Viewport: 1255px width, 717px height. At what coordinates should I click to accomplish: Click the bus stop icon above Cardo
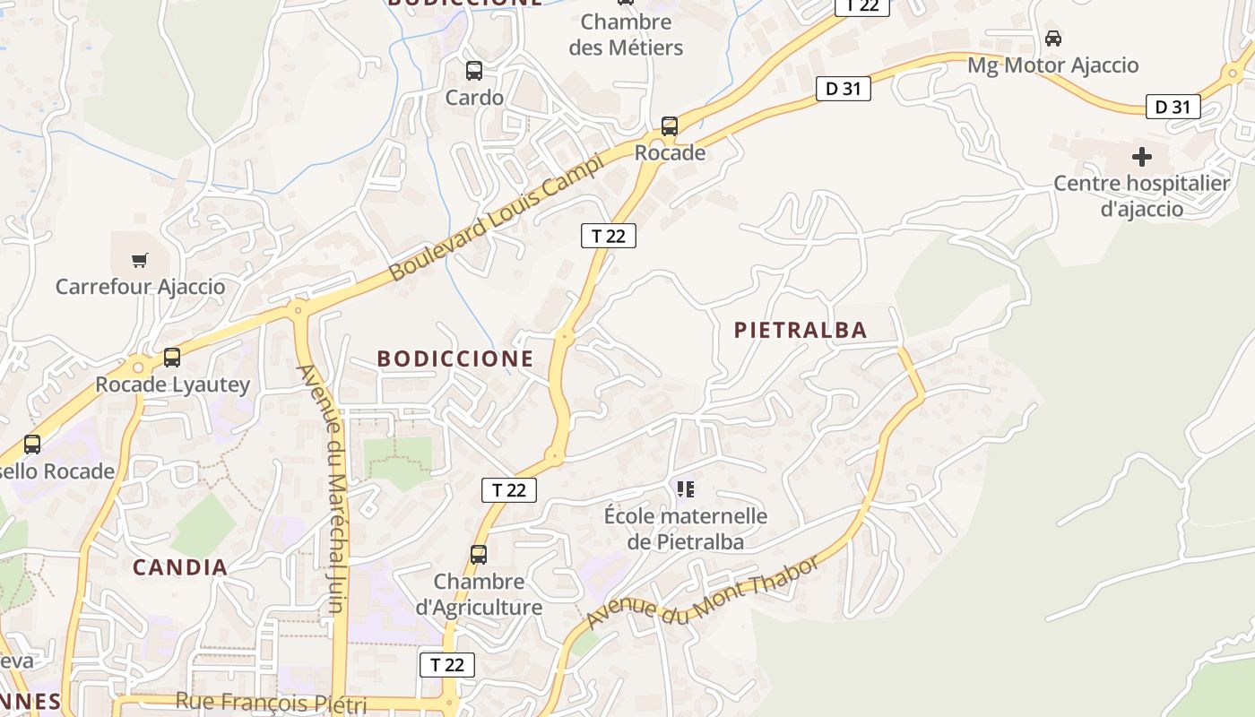[474, 70]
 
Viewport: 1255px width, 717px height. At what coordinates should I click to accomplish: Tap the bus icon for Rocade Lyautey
[172, 358]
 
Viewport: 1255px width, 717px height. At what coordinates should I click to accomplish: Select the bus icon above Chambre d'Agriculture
[479, 555]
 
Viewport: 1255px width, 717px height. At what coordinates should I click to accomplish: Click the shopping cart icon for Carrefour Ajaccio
[139, 260]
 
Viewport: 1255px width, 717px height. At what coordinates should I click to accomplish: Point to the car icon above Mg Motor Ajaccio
[1053, 39]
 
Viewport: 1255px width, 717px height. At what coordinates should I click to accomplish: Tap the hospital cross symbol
[1141, 157]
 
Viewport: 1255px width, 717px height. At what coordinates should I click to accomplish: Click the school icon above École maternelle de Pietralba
[686, 489]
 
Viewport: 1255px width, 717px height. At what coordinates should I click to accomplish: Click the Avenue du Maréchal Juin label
[322, 488]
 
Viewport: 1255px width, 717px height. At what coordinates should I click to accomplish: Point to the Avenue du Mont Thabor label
[703, 592]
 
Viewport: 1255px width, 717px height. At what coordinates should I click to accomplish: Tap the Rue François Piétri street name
[271, 702]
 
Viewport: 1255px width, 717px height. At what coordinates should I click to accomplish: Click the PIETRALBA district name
[801, 330]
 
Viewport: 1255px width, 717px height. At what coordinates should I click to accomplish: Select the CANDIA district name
[180, 567]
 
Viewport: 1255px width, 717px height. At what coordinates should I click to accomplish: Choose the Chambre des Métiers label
[626, 34]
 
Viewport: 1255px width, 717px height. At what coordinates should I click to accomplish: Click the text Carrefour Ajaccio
[140, 287]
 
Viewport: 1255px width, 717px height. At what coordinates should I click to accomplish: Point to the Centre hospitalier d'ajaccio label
[1141, 196]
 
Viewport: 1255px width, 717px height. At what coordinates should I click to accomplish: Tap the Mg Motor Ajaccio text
[1052, 65]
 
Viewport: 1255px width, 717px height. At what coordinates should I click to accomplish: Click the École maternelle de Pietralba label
[686, 529]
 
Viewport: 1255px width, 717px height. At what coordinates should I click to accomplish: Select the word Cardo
[474, 97]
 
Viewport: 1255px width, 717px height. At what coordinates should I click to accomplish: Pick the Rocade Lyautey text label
[172, 384]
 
